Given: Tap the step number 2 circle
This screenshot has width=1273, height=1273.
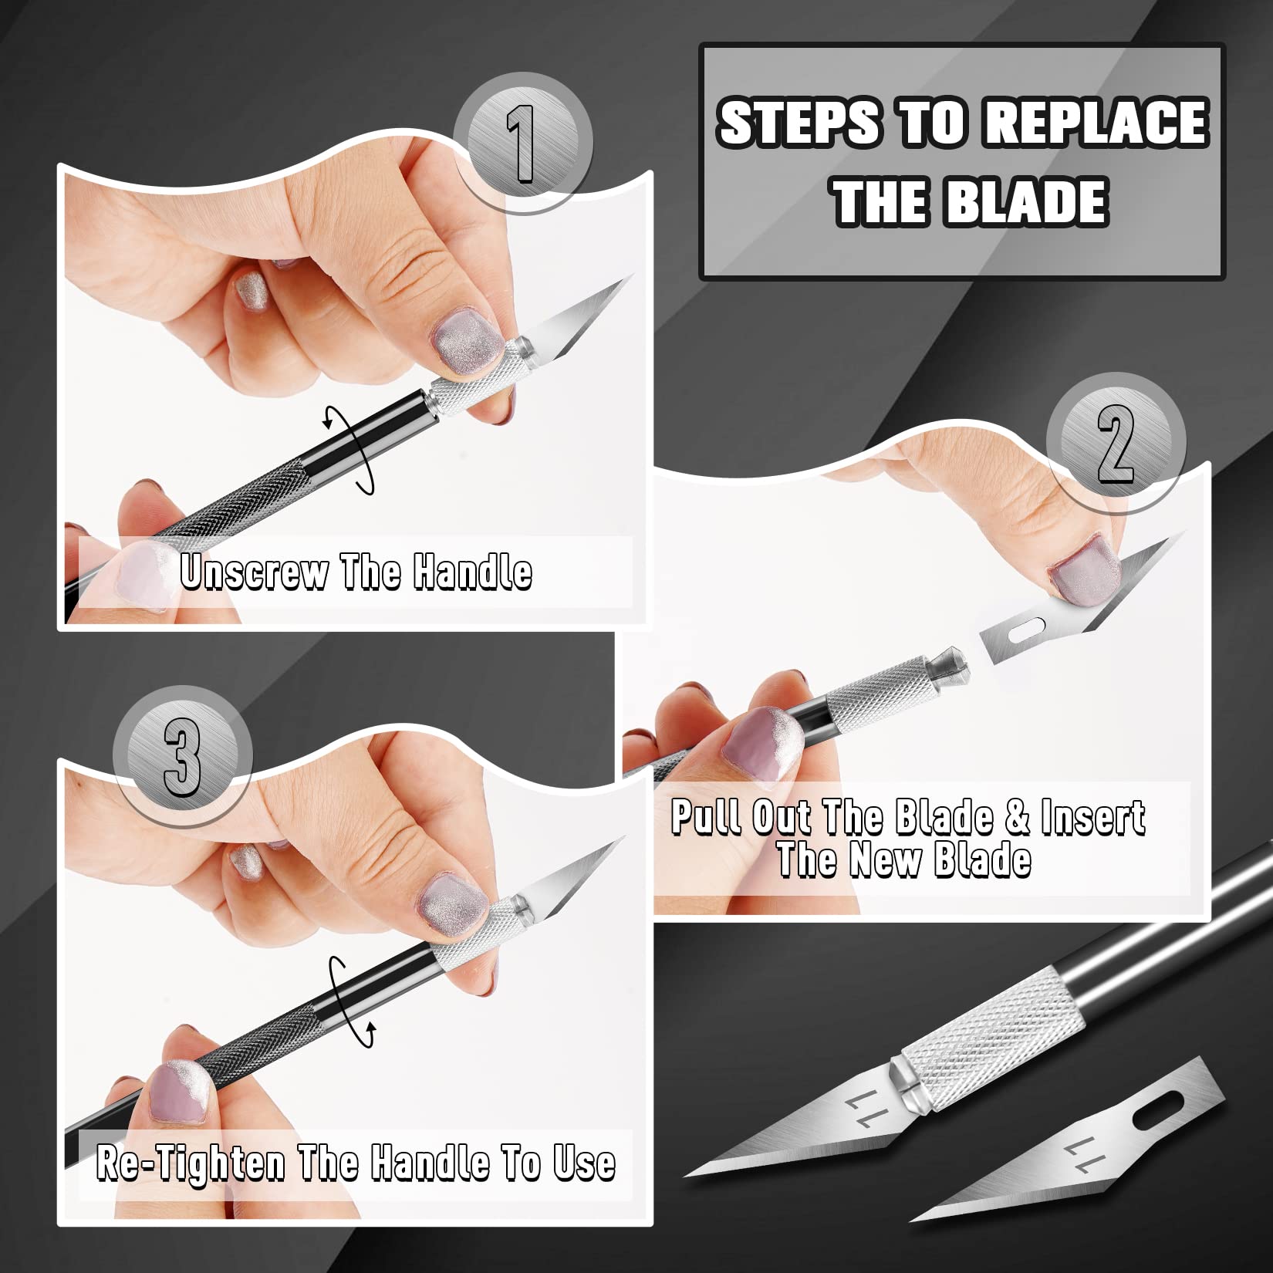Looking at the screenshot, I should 1116,446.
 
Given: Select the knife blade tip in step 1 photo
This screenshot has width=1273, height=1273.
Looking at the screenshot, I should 629,278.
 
